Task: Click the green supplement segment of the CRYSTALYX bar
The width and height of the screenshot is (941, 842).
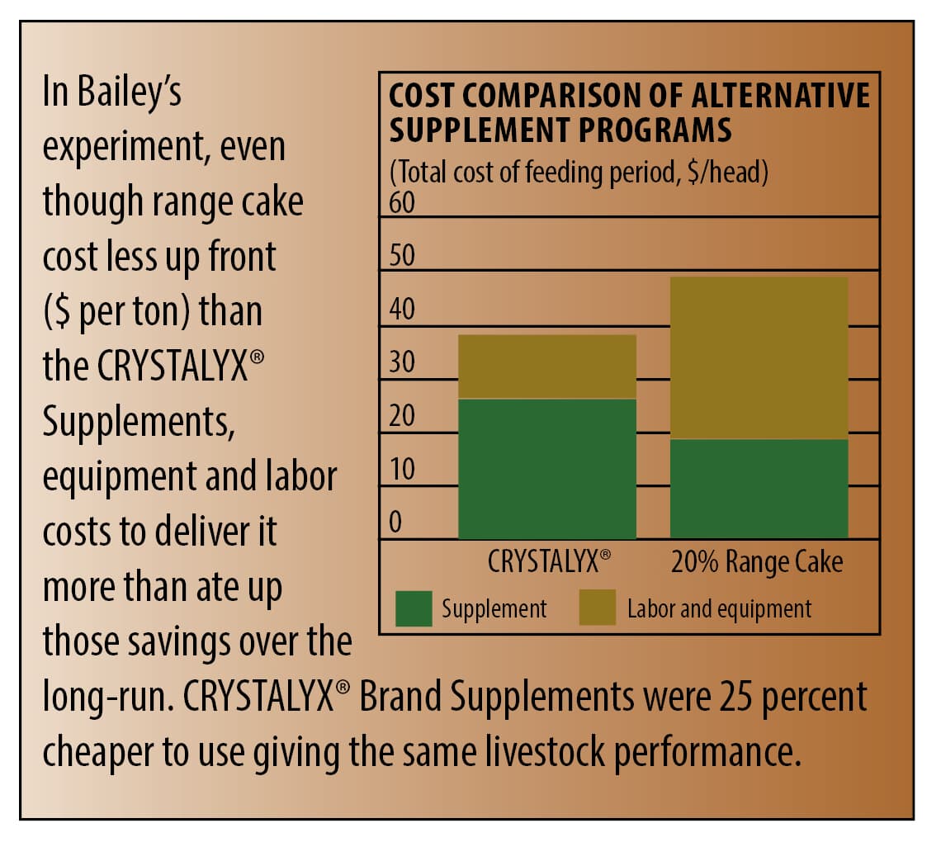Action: (546, 468)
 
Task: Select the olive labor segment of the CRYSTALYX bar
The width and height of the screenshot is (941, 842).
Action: (546, 367)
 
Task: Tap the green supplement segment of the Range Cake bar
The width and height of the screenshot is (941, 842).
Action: (759, 489)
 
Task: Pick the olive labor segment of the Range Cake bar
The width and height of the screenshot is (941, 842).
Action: (759, 357)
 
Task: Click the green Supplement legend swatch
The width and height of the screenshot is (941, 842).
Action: (414, 609)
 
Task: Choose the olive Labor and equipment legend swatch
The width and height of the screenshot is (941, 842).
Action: (598, 609)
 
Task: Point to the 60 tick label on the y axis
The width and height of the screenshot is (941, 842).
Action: (402, 203)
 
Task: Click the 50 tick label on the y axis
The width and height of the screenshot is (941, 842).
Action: (402, 257)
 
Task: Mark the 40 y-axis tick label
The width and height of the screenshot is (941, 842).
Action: (402, 310)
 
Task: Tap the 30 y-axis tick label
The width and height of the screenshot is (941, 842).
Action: (402, 363)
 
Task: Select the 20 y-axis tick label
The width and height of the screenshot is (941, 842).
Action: (402, 417)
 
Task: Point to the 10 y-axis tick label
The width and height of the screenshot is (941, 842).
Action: (402, 470)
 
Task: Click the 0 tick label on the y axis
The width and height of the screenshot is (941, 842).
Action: (395, 523)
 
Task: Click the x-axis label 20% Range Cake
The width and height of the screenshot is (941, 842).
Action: (757, 563)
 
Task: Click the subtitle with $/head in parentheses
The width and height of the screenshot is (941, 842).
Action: (579, 174)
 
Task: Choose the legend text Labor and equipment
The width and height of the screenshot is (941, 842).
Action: (719, 610)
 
